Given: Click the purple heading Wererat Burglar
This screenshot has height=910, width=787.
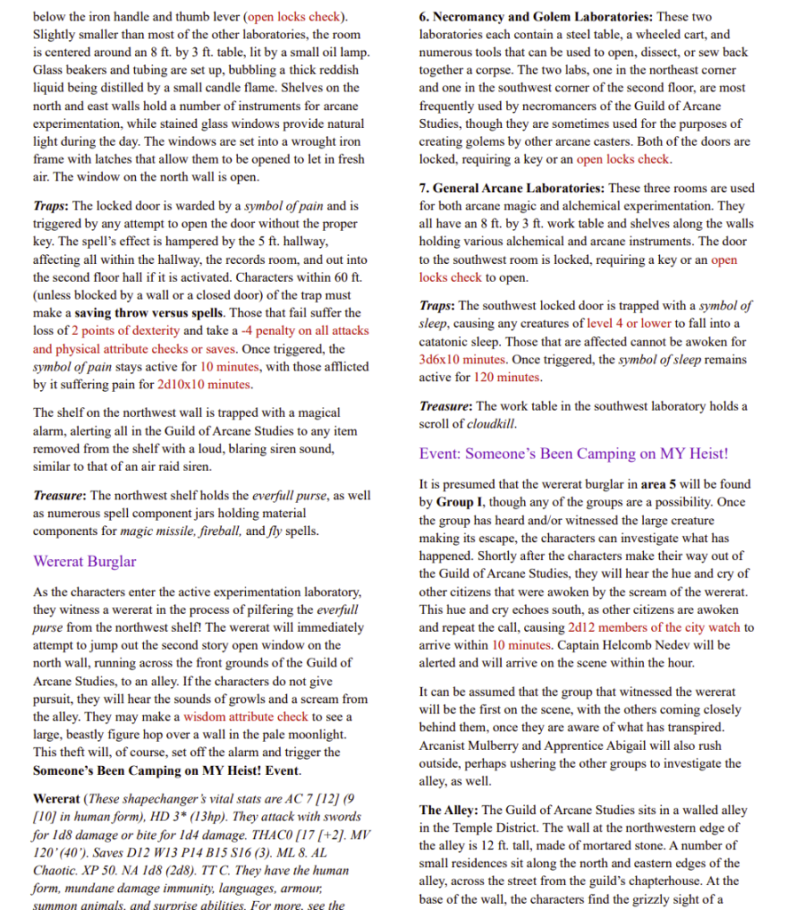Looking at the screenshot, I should click(84, 562).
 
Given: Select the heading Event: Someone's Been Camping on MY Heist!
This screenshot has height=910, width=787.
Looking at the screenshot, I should click(573, 453).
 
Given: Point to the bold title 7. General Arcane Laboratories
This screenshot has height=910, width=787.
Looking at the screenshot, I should click(513, 188).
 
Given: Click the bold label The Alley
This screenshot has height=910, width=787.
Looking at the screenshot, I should click(448, 810).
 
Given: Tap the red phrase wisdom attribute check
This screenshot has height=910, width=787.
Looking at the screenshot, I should click(244, 717).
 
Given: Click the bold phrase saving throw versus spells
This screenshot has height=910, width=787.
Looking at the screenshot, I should click(145, 314).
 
